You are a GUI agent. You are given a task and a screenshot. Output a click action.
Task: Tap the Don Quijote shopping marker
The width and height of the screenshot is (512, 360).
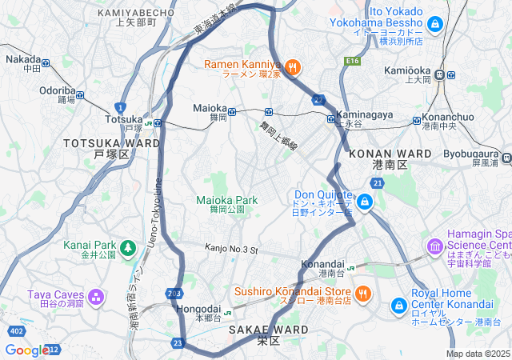pos(365,200)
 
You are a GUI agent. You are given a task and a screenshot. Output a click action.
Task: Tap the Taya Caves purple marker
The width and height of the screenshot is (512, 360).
pos(96,298)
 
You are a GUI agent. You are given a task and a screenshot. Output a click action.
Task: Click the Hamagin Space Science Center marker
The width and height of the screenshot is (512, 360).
pos(437,245)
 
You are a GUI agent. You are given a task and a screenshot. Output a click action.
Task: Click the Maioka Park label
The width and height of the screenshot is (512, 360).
pos(227,200)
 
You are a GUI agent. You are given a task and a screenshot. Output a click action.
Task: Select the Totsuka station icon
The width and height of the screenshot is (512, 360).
pos(158,123)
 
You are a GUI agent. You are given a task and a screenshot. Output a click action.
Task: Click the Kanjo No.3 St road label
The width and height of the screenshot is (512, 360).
pos(232,250)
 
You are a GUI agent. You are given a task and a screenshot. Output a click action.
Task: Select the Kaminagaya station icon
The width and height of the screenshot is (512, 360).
pos(331,119)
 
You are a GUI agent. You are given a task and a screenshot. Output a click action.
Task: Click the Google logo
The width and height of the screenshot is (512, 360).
pos(26,350)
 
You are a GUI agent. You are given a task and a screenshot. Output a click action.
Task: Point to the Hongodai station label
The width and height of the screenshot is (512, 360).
pos(197,308)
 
